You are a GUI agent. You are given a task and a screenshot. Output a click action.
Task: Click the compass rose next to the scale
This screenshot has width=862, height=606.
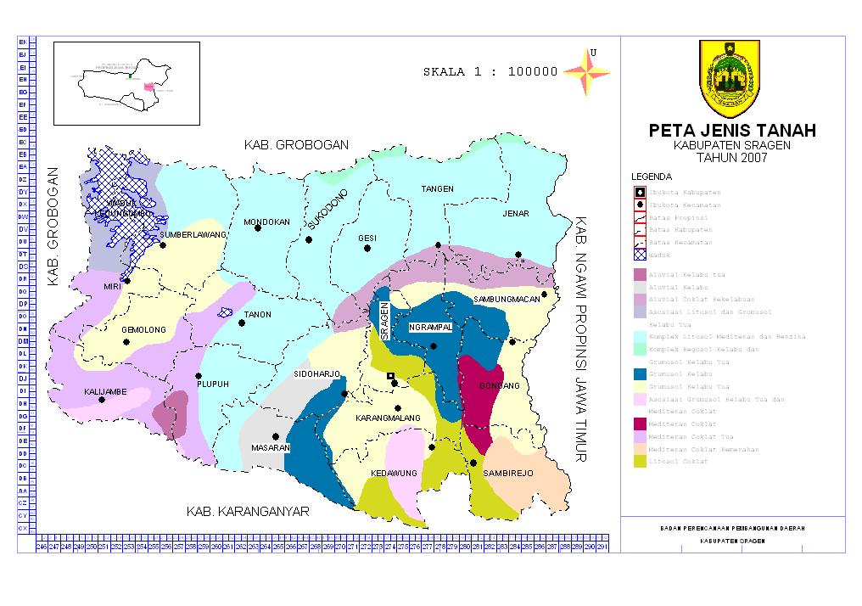coord(587,71)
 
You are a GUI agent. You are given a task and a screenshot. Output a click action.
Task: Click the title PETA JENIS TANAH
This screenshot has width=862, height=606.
coord(732,131)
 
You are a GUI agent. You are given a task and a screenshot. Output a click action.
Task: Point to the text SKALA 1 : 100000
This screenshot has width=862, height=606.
coord(490,72)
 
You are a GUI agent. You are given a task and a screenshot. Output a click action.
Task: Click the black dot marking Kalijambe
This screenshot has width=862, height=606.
coord(102,400)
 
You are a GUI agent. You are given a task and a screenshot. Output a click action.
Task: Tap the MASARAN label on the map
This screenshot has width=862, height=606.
coord(271,447)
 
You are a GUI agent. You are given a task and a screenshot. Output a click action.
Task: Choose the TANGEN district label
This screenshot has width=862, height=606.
coord(438,188)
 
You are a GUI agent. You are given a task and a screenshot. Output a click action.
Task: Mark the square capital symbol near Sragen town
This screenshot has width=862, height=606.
coord(390,376)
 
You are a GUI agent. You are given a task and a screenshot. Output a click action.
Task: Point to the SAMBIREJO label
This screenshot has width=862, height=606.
coord(508,473)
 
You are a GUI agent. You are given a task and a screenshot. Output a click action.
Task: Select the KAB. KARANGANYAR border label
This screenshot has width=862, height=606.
coord(248,512)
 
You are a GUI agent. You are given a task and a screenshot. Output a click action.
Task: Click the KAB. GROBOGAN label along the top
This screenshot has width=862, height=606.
coord(296,145)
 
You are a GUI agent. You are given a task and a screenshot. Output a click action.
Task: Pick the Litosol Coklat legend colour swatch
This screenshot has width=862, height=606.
coord(639,461)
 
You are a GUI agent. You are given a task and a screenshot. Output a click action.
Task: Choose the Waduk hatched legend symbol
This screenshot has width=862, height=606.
coord(639,255)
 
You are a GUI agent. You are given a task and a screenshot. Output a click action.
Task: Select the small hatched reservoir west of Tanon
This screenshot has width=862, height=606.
coord(226,312)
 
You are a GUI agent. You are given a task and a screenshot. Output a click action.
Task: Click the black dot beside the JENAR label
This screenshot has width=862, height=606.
coord(518,255)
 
